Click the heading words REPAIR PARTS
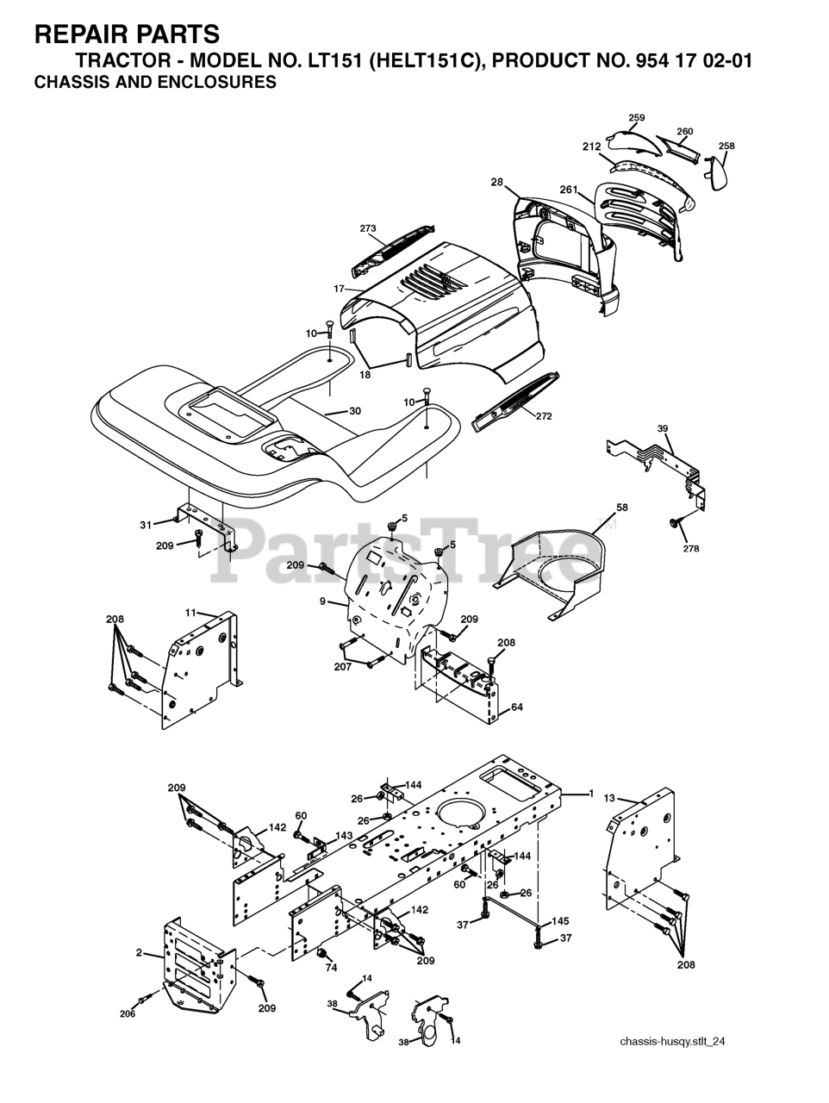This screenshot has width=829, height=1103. coord(126,34)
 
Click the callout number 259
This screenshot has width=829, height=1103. coord(636,118)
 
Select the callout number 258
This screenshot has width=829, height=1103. coord(726,146)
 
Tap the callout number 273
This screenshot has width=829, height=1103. coord(368,228)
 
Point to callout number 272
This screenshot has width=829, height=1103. coord(544,416)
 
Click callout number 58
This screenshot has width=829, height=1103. coord(621,508)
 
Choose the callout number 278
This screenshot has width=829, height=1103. coord(691,549)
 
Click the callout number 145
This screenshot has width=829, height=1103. coord(560,921)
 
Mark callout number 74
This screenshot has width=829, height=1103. coord(331,968)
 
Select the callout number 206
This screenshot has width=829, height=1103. coord(128,1014)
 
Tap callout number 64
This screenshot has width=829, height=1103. coord(516,707)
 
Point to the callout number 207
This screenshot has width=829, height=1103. coord(343,667)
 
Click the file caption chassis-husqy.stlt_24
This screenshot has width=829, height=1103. coord(672,1042)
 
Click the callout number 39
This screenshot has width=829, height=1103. coord(662,429)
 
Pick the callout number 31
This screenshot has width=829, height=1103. coord(146,525)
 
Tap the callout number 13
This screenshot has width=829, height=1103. coord(609,799)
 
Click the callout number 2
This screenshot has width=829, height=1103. coord(139,953)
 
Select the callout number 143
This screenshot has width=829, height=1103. coord(344,836)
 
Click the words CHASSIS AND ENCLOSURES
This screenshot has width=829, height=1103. coord(155,84)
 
